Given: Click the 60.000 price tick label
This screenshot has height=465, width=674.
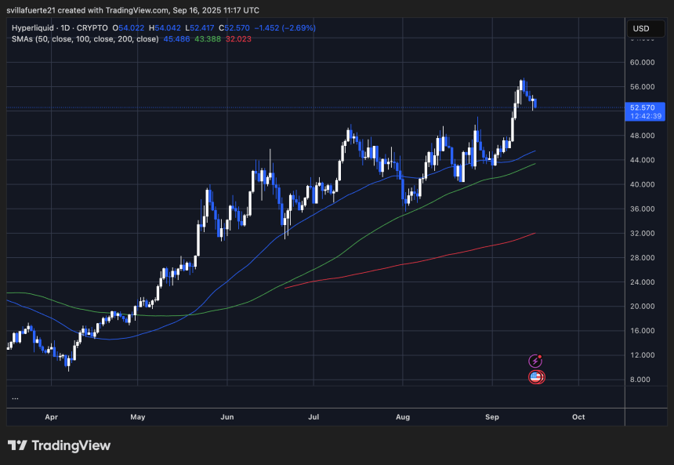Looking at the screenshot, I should point(642,62).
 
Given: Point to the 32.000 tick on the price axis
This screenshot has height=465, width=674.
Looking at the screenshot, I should point(642,233).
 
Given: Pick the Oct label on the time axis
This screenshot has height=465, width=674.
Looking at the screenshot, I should point(578,416).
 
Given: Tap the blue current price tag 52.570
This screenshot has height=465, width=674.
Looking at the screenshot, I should point(642,107).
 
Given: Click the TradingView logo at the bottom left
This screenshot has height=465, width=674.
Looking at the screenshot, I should point(59,445).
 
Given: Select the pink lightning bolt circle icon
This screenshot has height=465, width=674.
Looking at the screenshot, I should point(535,361).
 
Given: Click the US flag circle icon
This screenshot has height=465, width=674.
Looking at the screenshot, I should point(536,377).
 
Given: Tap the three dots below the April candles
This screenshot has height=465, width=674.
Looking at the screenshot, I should point(15,398).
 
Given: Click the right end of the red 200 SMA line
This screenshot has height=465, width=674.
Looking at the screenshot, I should point(534,233).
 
